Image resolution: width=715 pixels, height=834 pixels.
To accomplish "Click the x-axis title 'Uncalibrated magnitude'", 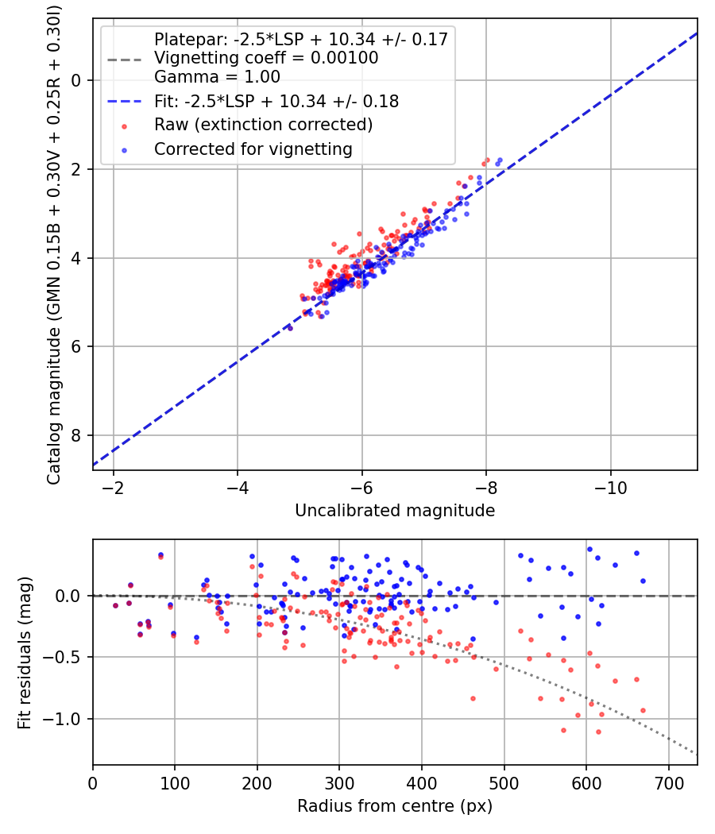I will pos(395,511).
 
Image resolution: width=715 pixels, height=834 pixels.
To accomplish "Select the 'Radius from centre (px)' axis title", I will pos(395,806).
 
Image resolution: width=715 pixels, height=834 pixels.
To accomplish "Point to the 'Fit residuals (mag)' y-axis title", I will pos(25,652).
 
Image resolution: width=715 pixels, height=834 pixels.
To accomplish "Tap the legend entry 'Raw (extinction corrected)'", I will pos(263,125).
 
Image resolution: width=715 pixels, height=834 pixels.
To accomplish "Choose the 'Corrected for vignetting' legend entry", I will pos(253,149).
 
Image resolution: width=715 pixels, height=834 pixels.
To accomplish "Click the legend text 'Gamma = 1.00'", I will pos(217,78).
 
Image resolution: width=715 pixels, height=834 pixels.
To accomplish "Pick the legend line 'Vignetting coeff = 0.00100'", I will pos(266,58).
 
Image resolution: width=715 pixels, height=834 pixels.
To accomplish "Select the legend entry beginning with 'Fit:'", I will pos(276,102).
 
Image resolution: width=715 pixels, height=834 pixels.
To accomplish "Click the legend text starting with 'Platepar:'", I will pos(301,39).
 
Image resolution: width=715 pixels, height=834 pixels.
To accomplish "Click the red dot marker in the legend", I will pos(125,125).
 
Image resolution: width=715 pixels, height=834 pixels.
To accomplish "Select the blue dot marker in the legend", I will pos(125,149).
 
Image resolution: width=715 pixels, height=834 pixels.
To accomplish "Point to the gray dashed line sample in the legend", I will pos(125,59).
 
